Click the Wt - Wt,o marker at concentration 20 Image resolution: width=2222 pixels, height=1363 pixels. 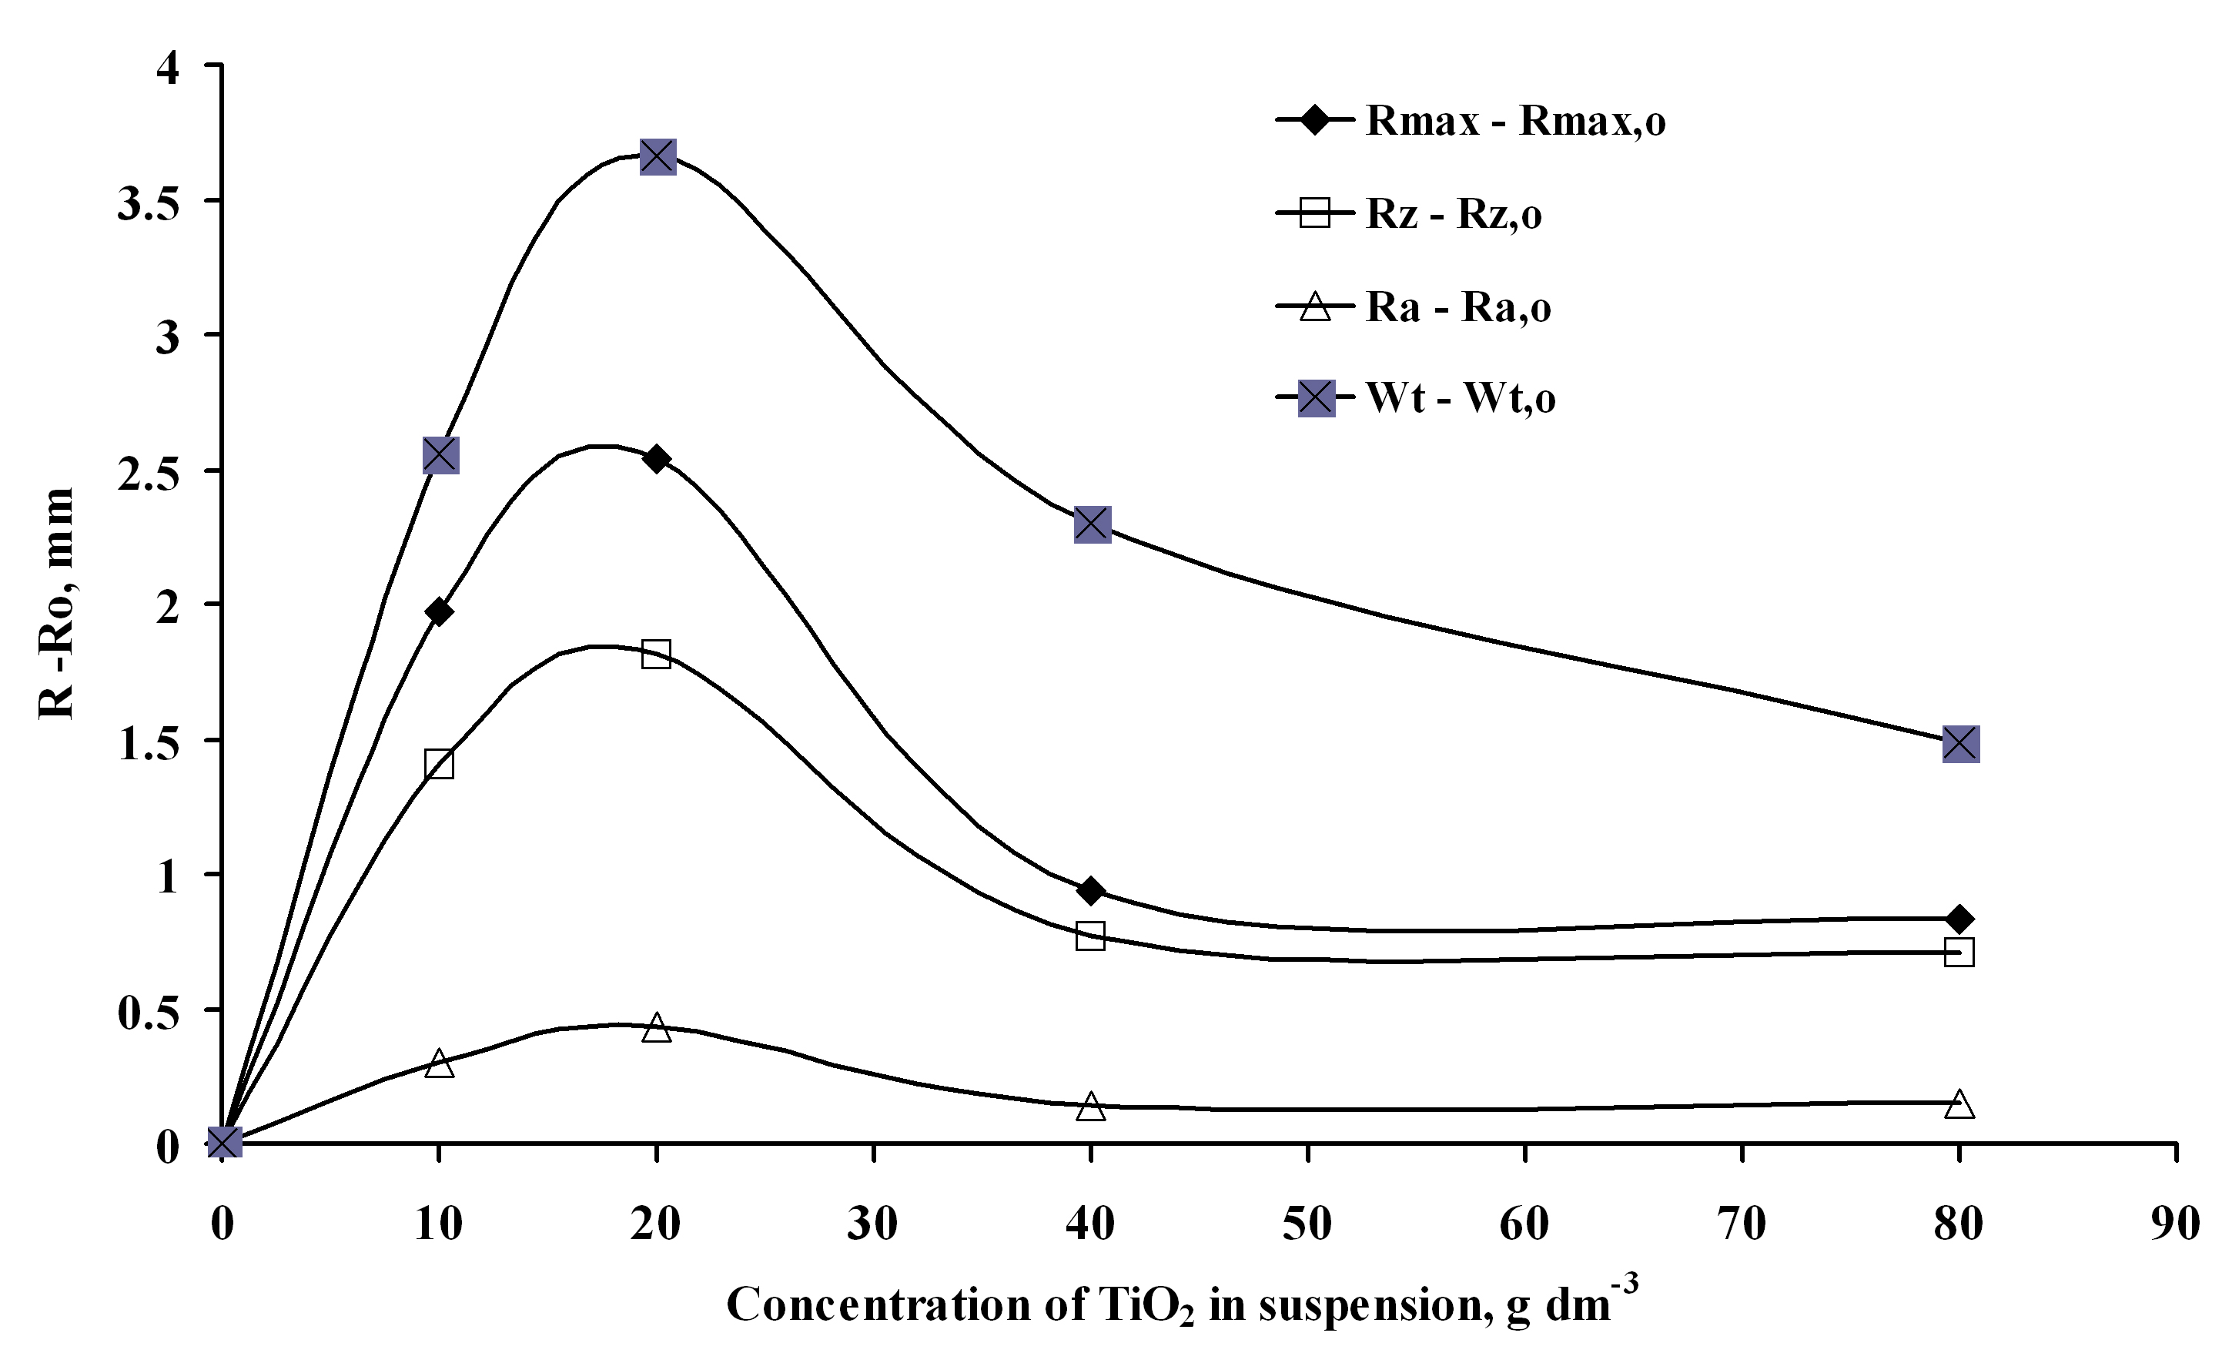tap(658, 157)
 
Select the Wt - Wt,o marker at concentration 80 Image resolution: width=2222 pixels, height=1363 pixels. tap(1960, 744)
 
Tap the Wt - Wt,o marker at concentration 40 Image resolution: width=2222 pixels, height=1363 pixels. tap(1092, 524)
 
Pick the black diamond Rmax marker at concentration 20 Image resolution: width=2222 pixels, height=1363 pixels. tap(657, 459)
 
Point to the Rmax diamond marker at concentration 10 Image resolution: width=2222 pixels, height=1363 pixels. tap(439, 611)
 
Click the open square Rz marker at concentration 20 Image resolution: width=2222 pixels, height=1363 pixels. tap(657, 654)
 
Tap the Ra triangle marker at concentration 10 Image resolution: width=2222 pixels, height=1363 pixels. tap(439, 1063)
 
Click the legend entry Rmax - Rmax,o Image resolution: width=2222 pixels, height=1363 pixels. tap(1515, 121)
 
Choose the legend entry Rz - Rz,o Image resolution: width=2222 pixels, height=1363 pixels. tap(1454, 215)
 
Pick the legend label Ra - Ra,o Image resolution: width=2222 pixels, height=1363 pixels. tap(1458, 307)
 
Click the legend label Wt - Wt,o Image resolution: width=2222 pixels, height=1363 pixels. tap(1461, 398)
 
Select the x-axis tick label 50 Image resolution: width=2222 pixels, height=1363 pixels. tap(1307, 1224)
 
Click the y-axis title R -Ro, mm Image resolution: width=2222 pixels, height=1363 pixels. tap(56, 604)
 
